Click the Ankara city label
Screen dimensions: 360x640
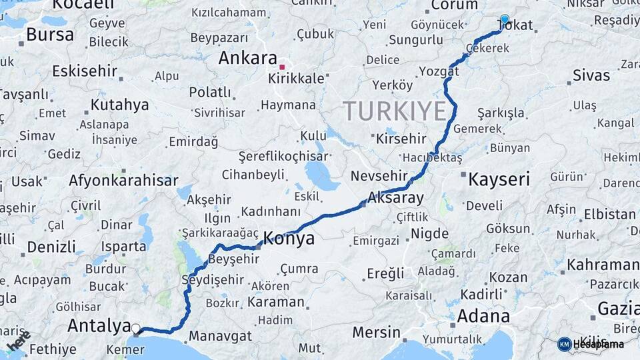click(247, 58)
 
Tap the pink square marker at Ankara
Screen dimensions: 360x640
click(282, 67)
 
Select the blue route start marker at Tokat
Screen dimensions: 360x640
click(504, 20)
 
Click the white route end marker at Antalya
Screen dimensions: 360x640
click(136, 328)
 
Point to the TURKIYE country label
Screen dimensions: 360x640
click(394, 110)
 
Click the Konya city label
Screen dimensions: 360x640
click(289, 239)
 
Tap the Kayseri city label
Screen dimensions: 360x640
click(499, 179)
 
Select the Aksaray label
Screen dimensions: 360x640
click(395, 198)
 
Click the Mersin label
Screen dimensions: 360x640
click(376, 331)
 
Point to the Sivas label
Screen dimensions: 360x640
click(591, 75)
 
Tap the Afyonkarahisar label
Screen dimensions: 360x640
click(123, 180)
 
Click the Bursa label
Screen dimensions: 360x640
click(50, 35)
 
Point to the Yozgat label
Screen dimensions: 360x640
click(439, 71)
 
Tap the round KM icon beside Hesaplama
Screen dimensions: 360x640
click(564, 344)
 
